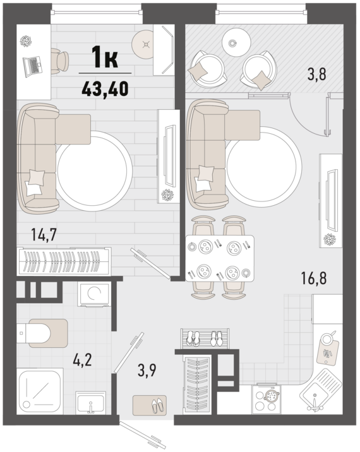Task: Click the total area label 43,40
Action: click(x=105, y=88)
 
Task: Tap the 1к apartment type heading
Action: click(x=104, y=57)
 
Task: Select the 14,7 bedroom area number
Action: click(x=44, y=234)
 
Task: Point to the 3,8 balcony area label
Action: click(x=316, y=73)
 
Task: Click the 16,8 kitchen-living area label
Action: click(x=314, y=278)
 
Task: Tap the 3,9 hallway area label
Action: click(x=147, y=370)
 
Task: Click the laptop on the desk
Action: click(x=32, y=66)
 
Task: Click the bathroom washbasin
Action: click(x=91, y=403)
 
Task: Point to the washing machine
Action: click(x=94, y=294)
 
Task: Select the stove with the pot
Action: click(x=267, y=400)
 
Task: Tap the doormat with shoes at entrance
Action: click(x=150, y=405)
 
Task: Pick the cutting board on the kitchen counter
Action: click(x=328, y=349)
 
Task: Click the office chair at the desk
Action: click(x=60, y=61)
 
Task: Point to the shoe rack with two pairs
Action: click(x=205, y=338)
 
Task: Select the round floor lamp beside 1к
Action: click(x=147, y=44)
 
